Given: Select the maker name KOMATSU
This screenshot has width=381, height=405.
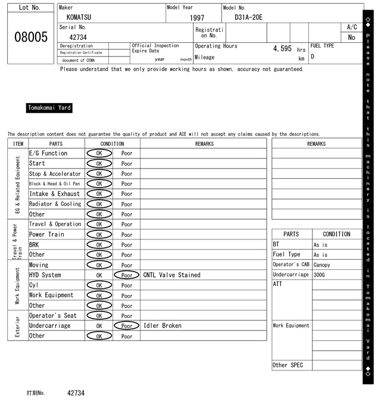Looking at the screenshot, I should (79, 17).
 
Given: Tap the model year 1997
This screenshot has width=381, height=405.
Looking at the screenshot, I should (197, 18).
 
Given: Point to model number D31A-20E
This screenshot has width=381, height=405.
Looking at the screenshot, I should (249, 17).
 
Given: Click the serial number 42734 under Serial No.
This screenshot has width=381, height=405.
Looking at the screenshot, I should (79, 37).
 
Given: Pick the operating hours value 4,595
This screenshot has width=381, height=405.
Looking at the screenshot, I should (282, 48).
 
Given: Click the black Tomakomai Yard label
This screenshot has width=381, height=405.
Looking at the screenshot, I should (49, 108).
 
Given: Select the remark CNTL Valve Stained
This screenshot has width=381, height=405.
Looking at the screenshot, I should (172, 275).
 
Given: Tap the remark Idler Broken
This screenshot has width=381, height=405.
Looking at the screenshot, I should (163, 326).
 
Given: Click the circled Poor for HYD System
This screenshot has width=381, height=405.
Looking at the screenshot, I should (127, 275).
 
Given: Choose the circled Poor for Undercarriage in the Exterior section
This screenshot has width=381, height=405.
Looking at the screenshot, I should (127, 326).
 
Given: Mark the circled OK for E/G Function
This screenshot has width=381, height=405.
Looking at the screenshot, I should (99, 153).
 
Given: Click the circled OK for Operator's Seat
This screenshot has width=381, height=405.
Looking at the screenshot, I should (99, 316).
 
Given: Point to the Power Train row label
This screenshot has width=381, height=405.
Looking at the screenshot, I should (46, 234).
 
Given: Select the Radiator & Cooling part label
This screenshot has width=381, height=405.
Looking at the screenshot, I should (55, 204).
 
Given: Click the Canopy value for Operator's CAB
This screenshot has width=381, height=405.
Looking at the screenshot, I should (321, 264).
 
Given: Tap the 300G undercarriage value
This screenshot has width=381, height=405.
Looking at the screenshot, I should (319, 275).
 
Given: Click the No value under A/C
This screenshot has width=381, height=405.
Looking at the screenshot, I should (351, 38).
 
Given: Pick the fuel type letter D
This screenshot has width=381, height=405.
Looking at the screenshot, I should (313, 57).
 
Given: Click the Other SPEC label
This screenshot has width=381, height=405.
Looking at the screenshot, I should (288, 365).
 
